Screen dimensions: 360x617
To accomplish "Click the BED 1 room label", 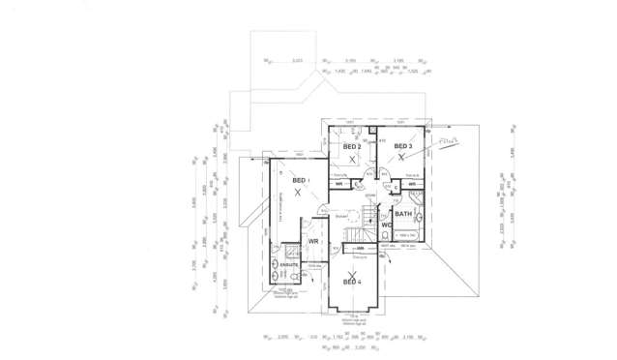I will (x=299, y=181).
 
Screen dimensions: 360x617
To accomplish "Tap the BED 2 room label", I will (x=352, y=146).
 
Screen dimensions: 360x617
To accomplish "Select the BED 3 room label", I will (x=403, y=146).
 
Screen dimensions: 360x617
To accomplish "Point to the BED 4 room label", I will (x=352, y=283).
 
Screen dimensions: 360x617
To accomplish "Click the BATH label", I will (x=403, y=214).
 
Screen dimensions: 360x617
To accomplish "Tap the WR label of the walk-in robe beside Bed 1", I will (x=313, y=241).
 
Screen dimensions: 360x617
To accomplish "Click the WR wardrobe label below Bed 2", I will (x=339, y=184).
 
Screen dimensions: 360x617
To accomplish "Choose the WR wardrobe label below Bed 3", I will (x=412, y=184).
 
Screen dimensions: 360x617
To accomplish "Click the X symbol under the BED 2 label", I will (x=353, y=157).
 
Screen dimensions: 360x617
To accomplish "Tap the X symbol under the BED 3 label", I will (x=400, y=157).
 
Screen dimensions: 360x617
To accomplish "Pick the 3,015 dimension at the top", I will (x=297, y=60).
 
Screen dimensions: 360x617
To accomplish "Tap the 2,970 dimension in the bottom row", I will (x=282, y=337).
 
